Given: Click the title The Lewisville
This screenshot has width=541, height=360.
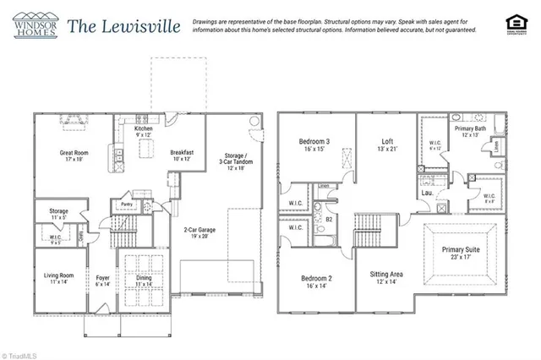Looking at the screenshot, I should (123, 26).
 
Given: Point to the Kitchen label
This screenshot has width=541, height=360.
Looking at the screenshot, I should (145, 129).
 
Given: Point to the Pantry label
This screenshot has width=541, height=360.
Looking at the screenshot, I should (126, 204).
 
